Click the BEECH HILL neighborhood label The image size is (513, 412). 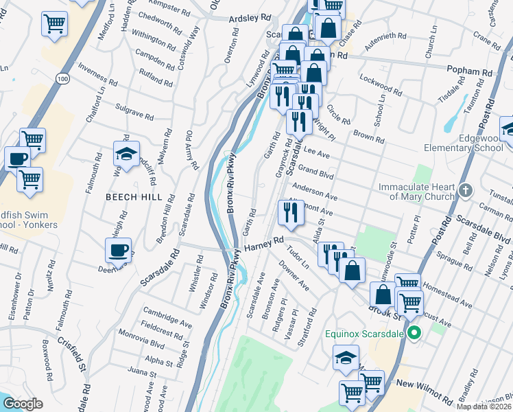(x=134, y=197)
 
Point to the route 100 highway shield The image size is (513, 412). (x=63, y=80)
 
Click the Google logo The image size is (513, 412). (x=23, y=404)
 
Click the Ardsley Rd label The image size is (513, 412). (x=250, y=20)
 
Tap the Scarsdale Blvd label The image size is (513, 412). (x=487, y=231)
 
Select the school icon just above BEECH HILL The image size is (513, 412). (x=126, y=153)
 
